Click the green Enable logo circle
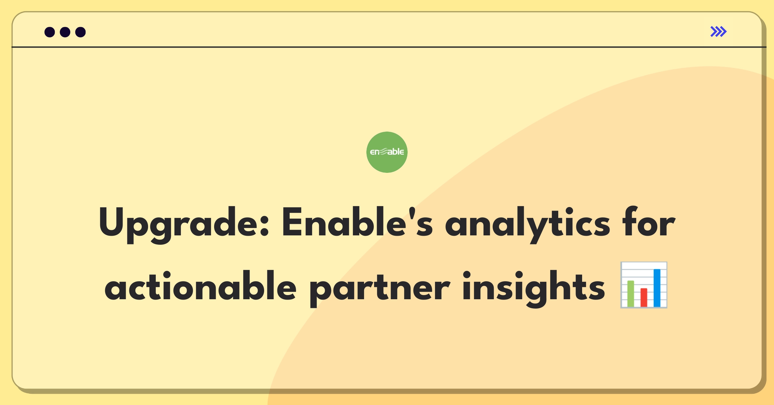click(x=387, y=152)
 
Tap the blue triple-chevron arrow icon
click(x=718, y=32)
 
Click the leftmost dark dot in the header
click(x=50, y=32)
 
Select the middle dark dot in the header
click(x=65, y=32)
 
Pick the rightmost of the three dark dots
click(x=80, y=32)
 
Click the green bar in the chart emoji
click(x=630, y=294)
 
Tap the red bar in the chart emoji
click(x=644, y=297)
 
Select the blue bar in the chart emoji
click(x=657, y=288)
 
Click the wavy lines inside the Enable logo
click(x=384, y=151)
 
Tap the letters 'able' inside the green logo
click(x=396, y=152)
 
